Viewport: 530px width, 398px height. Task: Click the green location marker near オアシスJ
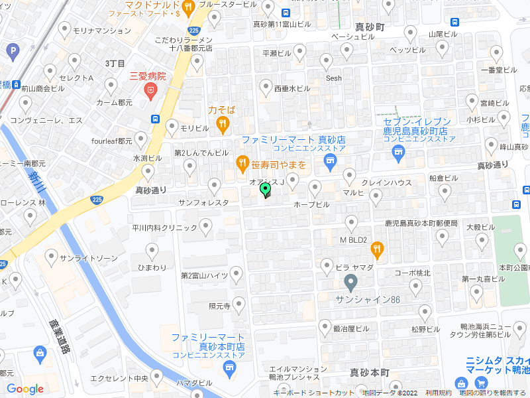pyautogui.click(x=266, y=191)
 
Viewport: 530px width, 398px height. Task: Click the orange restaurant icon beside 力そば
pyautogui.click(x=223, y=123)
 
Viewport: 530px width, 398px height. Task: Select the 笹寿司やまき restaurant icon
pyautogui.click(x=242, y=163)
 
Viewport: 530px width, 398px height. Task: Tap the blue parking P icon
pyautogui.click(x=12, y=50)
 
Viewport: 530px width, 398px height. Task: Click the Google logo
pyautogui.click(x=25, y=389)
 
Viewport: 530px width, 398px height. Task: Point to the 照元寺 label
pyautogui.click(x=219, y=306)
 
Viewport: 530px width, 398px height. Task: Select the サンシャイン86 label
pyautogui.click(x=368, y=299)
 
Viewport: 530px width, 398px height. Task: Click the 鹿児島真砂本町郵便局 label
pyautogui.click(x=421, y=224)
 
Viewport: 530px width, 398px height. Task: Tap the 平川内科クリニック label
pyautogui.click(x=164, y=228)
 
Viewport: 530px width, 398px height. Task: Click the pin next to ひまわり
pyautogui.click(x=152, y=251)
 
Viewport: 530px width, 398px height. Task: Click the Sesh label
pyautogui.click(x=333, y=78)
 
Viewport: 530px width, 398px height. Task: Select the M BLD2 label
pyautogui.click(x=353, y=239)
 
